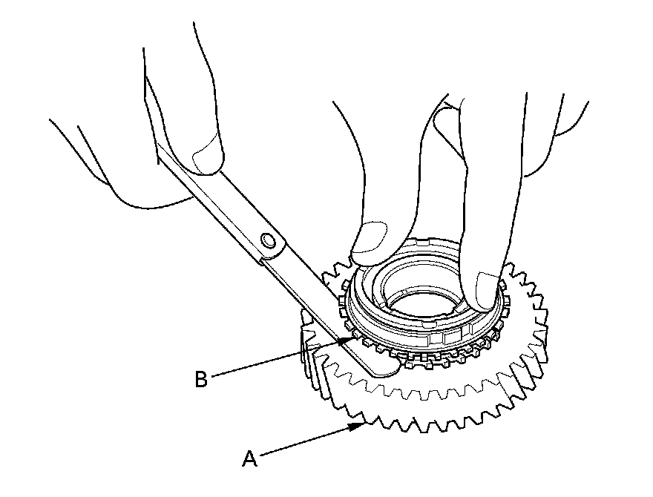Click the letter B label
[x=200, y=379]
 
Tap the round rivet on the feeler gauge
[x=268, y=240]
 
